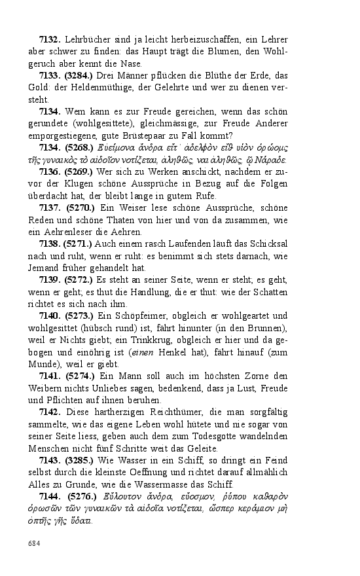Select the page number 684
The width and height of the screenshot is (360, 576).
click(x=33, y=543)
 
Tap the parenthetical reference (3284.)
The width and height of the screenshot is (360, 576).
click(x=79, y=76)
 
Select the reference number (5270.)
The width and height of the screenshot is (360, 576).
click(x=81, y=208)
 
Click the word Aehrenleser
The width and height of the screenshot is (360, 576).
click(x=73, y=232)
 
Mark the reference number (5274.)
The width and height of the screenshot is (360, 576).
click(x=80, y=376)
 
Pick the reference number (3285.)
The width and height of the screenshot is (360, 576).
click(x=80, y=460)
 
